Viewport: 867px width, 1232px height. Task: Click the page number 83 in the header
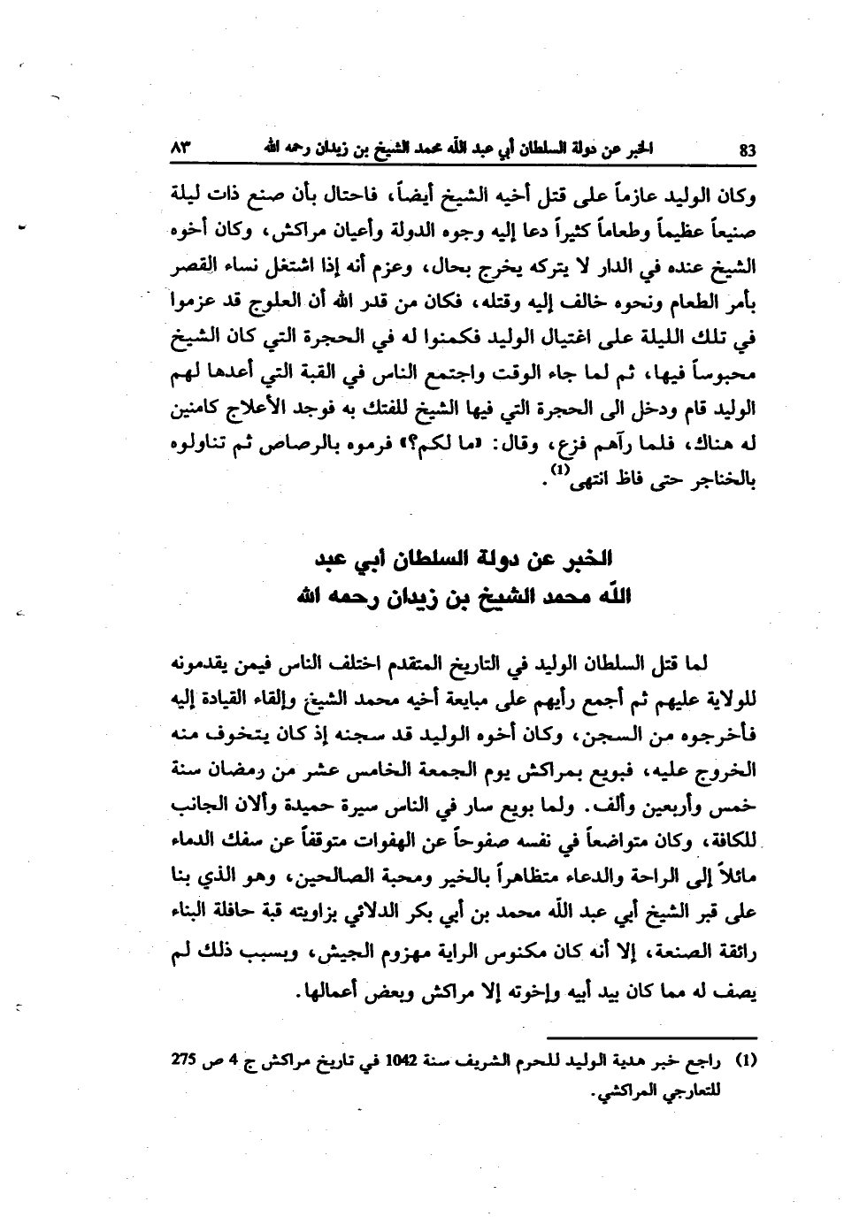[748, 150]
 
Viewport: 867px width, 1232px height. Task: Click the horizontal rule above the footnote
[651, 1037]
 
